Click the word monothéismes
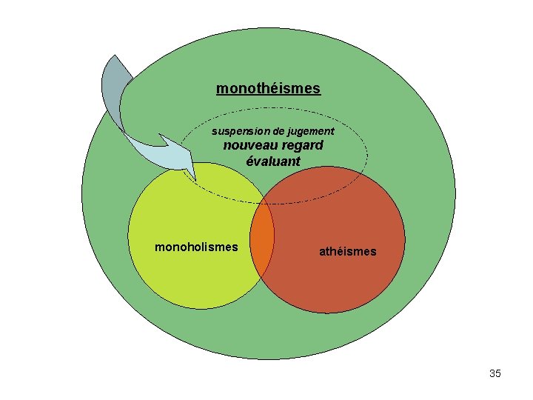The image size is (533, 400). click(268, 89)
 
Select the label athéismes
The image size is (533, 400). click(347, 252)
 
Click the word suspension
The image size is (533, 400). click(239, 131)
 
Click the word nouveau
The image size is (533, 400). click(247, 146)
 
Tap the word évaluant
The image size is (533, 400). click(273, 161)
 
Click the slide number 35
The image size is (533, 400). click(495, 373)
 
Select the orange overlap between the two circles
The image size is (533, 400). click(263, 240)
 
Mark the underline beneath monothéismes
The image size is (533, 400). click(268, 96)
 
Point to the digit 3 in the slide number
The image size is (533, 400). click(492, 373)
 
